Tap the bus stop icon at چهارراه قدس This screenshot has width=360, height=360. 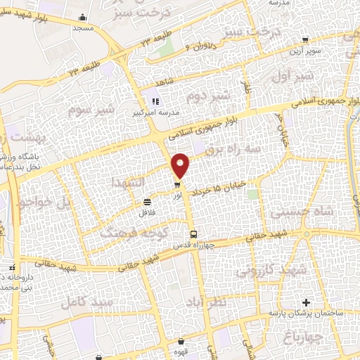pyautogui.click(x=193, y=234)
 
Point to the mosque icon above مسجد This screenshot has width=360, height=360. pyautogui.click(x=84, y=18)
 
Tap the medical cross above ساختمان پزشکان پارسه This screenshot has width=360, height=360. pyautogui.click(x=303, y=302)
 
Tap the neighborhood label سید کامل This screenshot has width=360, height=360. pyautogui.click(x=88, y=302)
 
